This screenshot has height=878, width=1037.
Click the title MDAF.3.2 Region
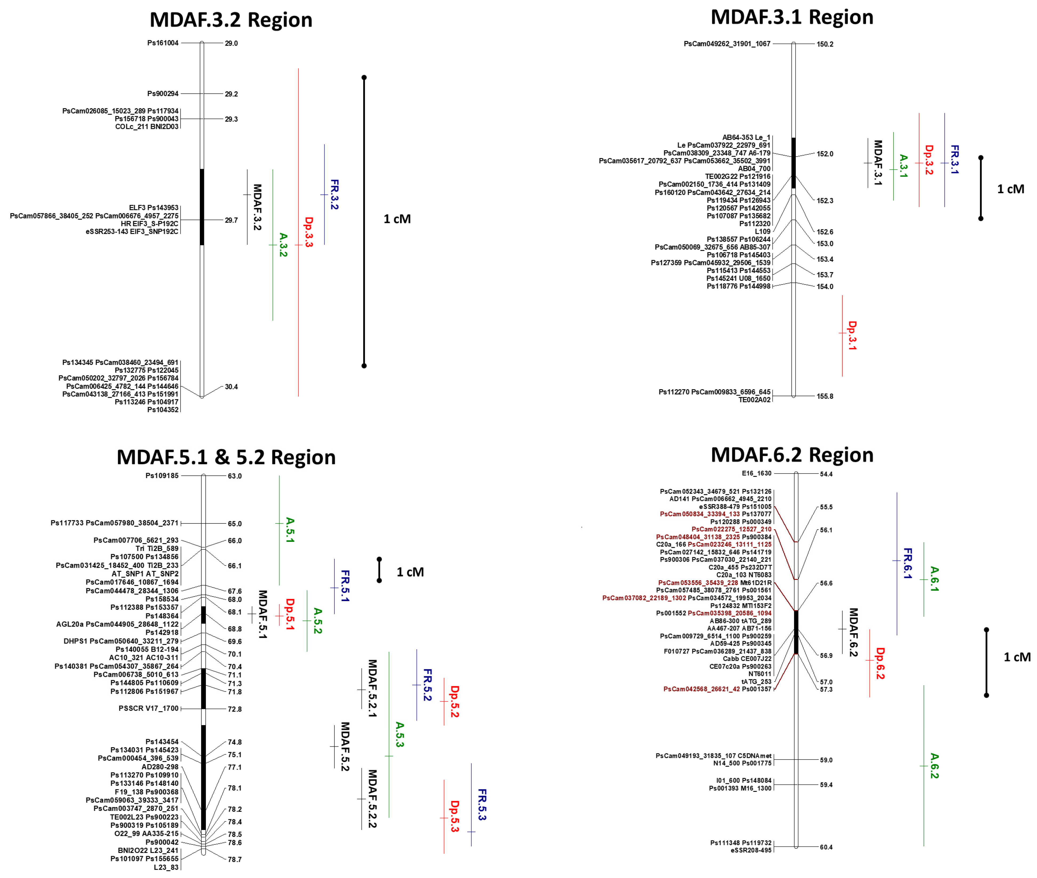tap(231, 20)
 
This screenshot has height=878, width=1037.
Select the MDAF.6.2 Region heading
tap(792, 455)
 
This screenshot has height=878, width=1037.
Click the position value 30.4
tap(232, 387)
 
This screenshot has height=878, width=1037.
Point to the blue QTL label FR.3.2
tap(334, 194)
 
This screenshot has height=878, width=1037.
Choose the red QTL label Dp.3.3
tap(309, 232)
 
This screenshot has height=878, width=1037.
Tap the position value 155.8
tap(824, 396)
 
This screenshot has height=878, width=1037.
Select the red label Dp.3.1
tap(852, 335)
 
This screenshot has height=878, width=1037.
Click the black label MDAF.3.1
tap(878, 163)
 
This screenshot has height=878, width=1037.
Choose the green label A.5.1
tap(290, 530)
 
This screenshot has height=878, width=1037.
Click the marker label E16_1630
tap(756, 473)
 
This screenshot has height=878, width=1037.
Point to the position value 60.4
tap(826, 847)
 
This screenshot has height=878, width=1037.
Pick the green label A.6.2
tap(934, 765)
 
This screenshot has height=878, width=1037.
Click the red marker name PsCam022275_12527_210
tap(731, 529)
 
